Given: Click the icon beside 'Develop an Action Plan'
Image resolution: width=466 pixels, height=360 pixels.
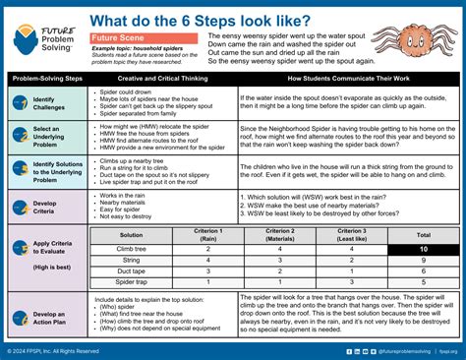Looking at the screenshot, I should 20,318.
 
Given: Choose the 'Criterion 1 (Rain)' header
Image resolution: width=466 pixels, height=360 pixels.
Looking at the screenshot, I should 208,235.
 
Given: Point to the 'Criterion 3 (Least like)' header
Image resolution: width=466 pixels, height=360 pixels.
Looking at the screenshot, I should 348,235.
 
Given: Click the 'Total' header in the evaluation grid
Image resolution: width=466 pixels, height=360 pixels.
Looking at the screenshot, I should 423,235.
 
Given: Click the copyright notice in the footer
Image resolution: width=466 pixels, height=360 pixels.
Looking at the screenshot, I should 53,351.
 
